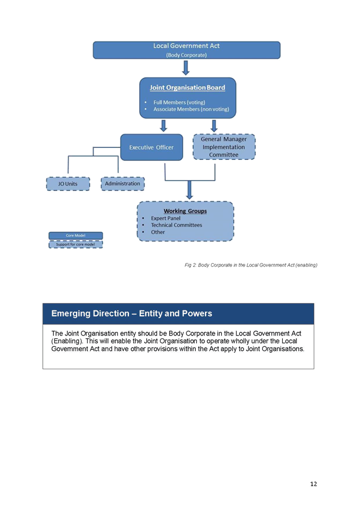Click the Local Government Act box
point(187,50)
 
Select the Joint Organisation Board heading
point(187,88)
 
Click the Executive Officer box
point(152,147)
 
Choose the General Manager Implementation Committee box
point(224,147)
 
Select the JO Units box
point(68,184)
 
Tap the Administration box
point(123,184)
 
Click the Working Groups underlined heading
point(185,211)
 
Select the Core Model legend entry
point(76,235)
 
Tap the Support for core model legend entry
point(76,244)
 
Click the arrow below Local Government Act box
point(186,68)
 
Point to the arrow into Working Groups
point(190,190)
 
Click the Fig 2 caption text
point(251,265)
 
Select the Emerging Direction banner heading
point(132,314)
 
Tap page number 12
point(313,484)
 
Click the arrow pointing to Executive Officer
point(164,126)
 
